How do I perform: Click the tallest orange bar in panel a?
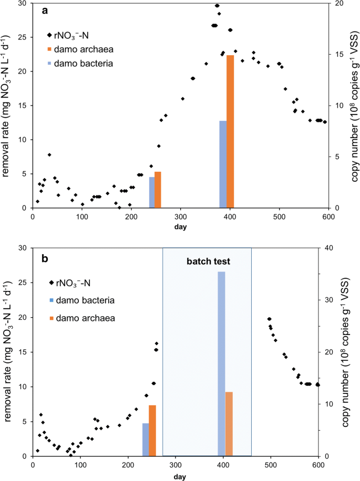tap(230, 131)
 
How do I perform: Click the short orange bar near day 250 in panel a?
tap(158, 190)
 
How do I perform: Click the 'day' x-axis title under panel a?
tap(180, 227)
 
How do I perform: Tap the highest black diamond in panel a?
tap(217, 6)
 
